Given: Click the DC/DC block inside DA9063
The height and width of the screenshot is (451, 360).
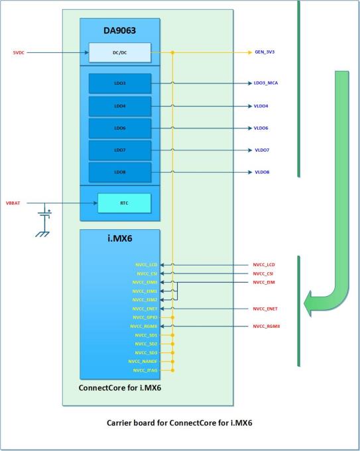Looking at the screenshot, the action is (120, 52).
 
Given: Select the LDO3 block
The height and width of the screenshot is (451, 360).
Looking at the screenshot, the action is (120, 83).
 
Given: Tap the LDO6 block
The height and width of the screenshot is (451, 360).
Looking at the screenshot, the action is (120, 128).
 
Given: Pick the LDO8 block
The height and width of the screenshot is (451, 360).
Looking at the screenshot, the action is (120, 172).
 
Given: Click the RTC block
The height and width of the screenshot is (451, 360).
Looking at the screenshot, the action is (124, 203).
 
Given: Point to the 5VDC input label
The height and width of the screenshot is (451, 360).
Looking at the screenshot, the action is (19, 52).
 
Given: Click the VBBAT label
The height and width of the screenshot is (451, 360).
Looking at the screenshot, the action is (13, 203).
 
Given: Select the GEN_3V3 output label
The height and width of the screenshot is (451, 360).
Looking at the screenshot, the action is (265, 52).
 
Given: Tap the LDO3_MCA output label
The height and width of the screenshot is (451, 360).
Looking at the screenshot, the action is (266, 83).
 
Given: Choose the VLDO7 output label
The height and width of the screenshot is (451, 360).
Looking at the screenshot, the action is (262, 150).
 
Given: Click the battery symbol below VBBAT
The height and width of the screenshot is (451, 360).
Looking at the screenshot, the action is (45, 214).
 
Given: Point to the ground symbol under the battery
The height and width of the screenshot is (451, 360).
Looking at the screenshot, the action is (42, 234).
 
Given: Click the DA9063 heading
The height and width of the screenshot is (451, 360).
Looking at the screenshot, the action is (119, 30).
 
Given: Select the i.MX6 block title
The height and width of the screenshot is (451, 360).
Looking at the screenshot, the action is (120, 238).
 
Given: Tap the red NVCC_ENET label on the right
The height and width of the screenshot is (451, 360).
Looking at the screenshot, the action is (265, 309).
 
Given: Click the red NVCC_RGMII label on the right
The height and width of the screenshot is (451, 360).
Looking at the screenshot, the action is (267, 326).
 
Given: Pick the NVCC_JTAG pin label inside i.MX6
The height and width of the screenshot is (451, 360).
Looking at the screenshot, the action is (145, 370).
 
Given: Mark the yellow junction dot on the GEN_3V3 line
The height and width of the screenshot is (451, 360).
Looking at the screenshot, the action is (172, 52).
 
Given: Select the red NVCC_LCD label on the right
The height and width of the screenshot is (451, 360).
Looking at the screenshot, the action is (264, 265).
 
